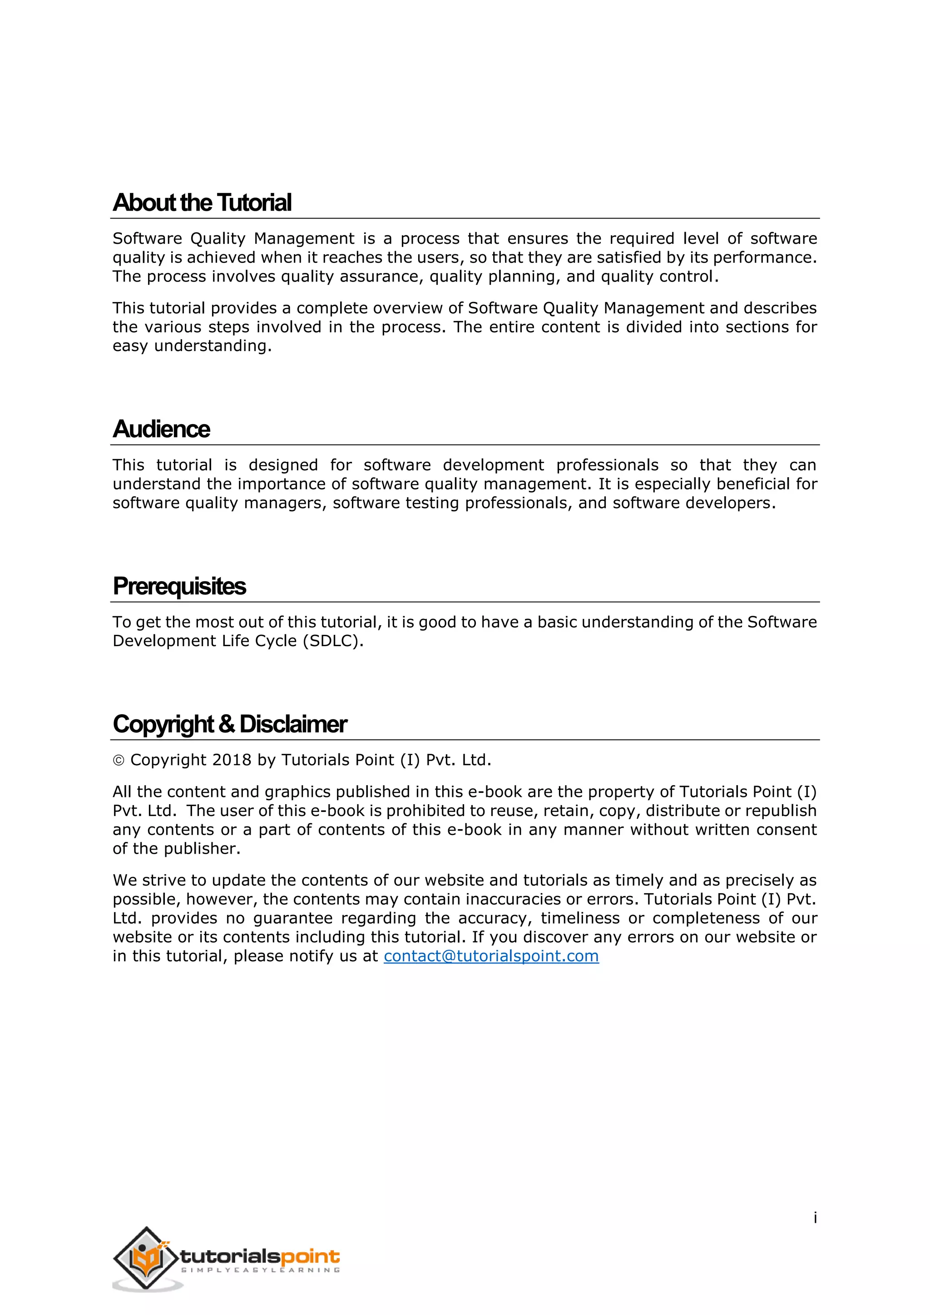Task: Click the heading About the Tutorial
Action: [202, 203]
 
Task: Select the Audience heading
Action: [162, 429]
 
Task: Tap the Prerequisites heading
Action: [179, 587]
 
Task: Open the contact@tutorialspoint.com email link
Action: [491, 956]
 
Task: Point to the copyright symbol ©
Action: [119, 761]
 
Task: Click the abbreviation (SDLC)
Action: [333, 641]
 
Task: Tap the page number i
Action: [815, 1218]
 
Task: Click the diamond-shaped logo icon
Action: [147, 1258]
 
